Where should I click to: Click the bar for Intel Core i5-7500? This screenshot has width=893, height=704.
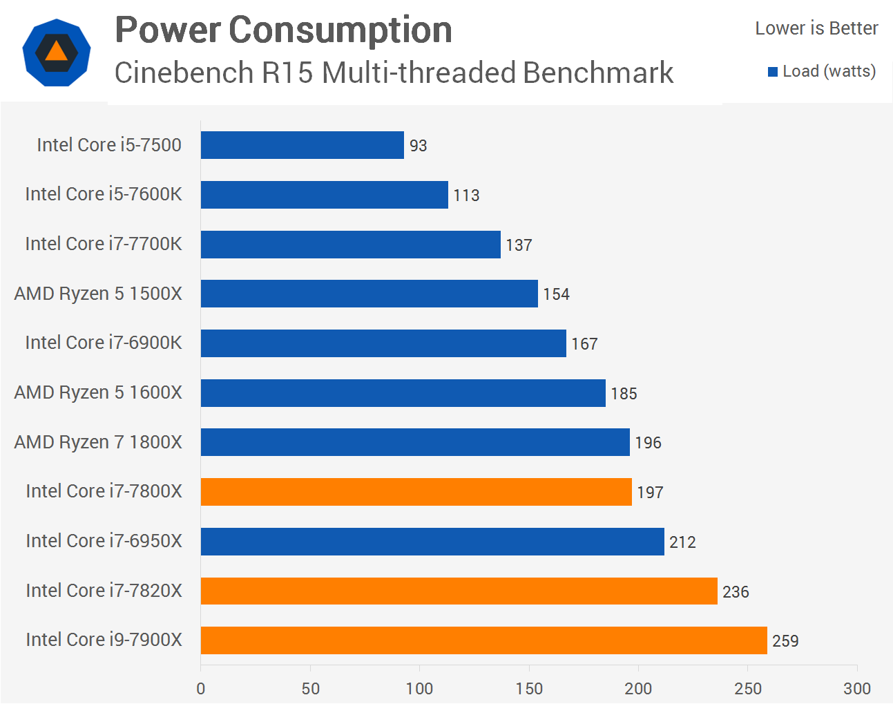point(302,145)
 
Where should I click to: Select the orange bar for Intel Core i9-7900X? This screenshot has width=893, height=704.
point(483,640)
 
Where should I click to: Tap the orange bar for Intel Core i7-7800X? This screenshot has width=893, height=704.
point(416,492)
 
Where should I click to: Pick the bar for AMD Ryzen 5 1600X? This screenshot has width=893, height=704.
point(403,393)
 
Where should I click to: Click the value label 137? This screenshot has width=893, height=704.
point(519,245)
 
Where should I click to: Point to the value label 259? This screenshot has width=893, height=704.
point(785,641)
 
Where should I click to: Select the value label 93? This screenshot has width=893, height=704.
point(418,146)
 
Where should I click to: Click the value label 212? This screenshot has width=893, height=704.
point(682,542)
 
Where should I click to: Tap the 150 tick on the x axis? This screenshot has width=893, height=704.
point(529,689)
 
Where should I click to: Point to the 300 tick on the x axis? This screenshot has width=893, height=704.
point(857,689)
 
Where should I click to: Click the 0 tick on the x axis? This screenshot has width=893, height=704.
point(201,689)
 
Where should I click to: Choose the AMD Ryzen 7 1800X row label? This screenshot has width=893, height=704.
point(98,442)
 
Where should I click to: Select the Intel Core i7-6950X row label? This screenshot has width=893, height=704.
point(104,541)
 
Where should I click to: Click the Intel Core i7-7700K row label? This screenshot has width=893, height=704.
point(104,244)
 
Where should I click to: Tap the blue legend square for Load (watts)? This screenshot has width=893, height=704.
point(773,72)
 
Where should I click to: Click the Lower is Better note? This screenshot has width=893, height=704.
point(816,28)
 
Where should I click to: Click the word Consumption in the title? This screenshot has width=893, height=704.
point(340,30)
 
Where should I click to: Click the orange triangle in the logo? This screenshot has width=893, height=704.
point(56,52)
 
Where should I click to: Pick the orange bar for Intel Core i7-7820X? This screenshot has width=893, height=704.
point(459,591)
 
